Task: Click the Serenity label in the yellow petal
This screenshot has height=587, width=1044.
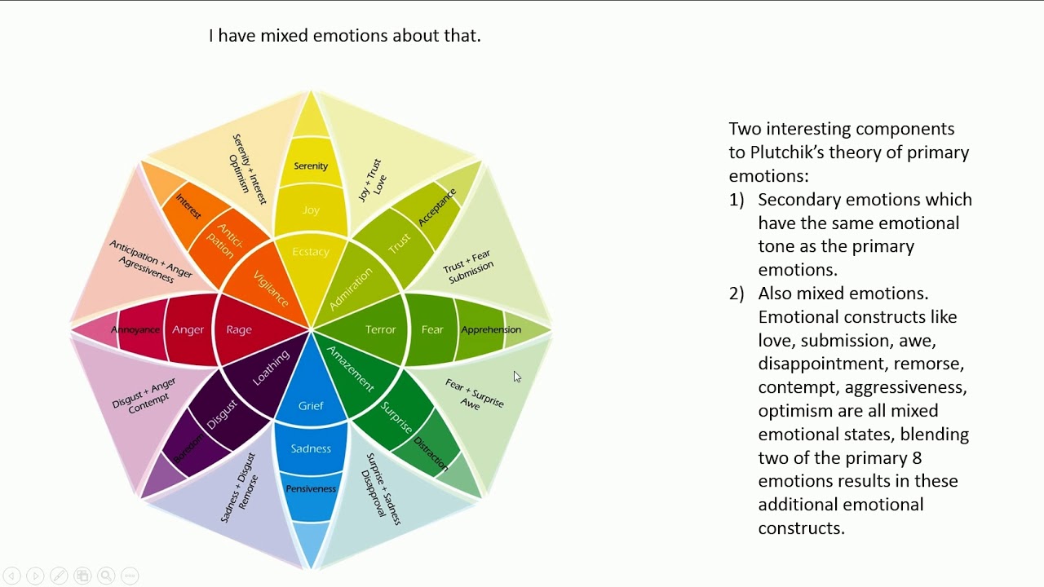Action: pos(311,166)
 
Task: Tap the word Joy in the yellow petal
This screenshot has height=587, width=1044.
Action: pos(311,210)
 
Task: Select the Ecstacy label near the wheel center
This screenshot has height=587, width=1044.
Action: pos(311,252)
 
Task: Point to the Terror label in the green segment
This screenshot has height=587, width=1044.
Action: pos(380,330)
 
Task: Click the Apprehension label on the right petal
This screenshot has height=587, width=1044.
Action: pos(491,330)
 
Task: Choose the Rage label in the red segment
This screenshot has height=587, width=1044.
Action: pos(239,330)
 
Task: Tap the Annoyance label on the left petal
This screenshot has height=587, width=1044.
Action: pos(135,330)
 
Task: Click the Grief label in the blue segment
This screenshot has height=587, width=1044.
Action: pos(311,406)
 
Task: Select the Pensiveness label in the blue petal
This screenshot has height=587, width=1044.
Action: pos(311,489)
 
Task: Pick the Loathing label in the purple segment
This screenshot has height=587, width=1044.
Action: pos(271,369)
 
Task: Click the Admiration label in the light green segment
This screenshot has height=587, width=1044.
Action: pos(351,289)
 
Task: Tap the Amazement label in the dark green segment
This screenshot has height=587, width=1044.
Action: pos(350,369)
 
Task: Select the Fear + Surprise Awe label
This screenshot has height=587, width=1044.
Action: pos(473,394)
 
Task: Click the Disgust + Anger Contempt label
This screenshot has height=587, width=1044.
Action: pos(145,395)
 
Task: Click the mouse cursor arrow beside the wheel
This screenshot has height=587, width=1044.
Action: pos(516,376)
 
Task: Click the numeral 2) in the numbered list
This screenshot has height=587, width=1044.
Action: pos(737,293)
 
